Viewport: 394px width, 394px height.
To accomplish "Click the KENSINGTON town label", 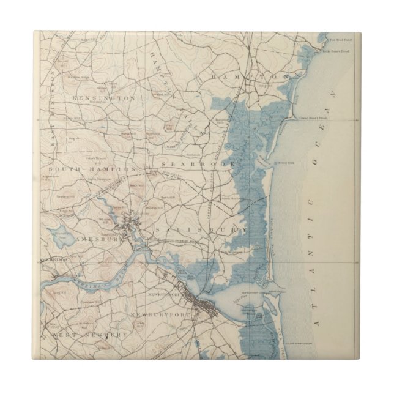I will [x=103, y=97].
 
